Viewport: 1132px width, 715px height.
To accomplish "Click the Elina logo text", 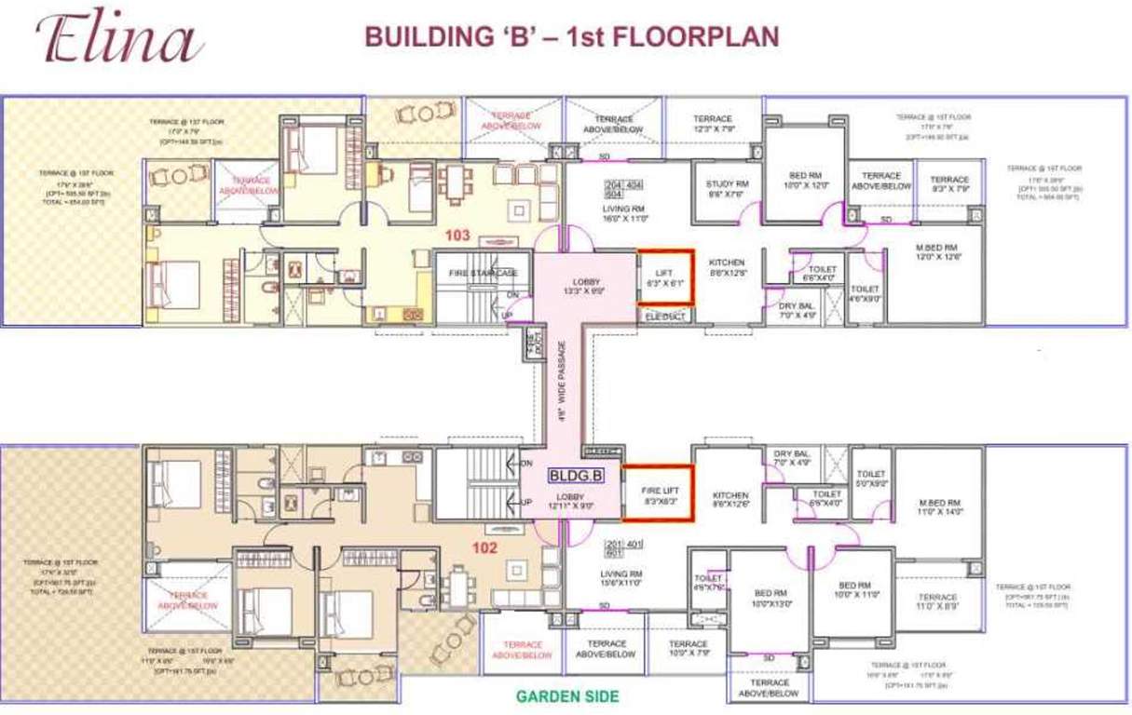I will (119, 40).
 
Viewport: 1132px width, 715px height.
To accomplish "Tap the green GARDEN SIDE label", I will (567, 695).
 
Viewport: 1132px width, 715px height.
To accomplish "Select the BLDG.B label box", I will (578, 475).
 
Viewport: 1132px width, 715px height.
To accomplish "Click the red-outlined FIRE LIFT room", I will (658, 494).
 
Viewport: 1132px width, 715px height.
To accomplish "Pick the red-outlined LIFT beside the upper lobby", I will (664, 277).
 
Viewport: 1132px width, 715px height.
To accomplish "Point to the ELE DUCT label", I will (663, 317).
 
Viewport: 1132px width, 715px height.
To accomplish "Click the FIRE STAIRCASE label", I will (483, 273).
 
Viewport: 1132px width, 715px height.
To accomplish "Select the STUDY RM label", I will (727, 189).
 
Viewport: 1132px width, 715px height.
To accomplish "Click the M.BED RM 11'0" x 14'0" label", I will (925, 507).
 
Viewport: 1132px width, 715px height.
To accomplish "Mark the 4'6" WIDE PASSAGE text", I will (562, 383).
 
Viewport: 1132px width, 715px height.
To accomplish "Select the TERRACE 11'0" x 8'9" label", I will (937, 601).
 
